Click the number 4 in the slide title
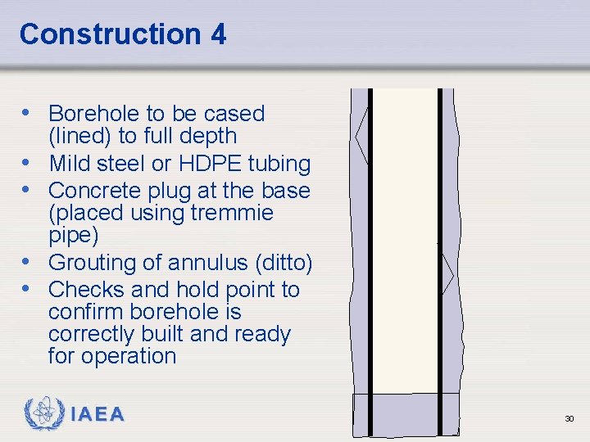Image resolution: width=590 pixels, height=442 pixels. (x=217, y=34)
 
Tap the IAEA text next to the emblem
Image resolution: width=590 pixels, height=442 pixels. (x=98, y=415)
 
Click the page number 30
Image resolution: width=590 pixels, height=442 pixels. (x=569, y=419)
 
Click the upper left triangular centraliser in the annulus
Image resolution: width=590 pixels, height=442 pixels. (x=361, y=138)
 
